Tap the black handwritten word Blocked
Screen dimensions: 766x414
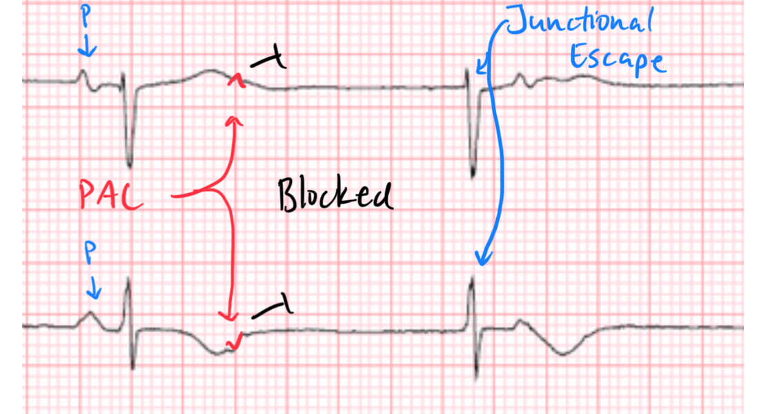[x=335, y=195]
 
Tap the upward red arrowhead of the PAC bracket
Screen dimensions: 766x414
[x=235, y=122]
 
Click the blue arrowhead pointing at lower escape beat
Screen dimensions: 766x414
[x=484, y=259]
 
